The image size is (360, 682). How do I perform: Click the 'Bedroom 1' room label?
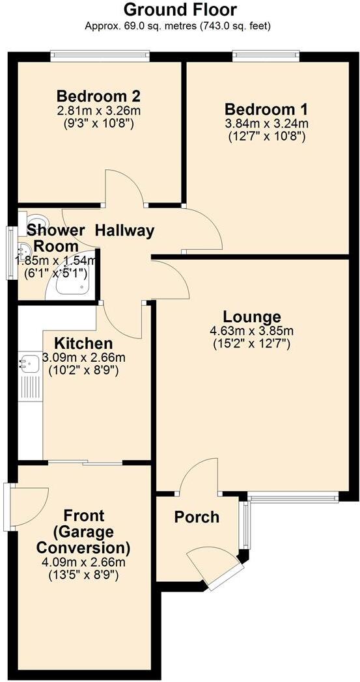pyautogui.click(x=266, y=109)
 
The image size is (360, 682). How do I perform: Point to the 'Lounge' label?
pyautogui.click(x=251, y=317)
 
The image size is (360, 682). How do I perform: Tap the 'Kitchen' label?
pyautogui.click(x=83, y=343)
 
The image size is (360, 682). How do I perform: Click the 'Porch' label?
pyautogui.click(x=197, y=517)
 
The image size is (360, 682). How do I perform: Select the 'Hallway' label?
pyautogui.click(x=124, y=230)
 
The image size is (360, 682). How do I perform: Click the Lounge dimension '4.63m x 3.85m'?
pyautogui.click(x=251, y=331)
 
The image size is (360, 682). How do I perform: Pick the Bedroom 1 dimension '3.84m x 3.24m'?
pyautogui.click(x=266, y=123)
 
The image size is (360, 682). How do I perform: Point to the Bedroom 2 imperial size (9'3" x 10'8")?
pyautogui.click(x=98, y=122)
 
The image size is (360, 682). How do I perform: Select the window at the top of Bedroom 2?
pyautogui.click(x=100, y=57)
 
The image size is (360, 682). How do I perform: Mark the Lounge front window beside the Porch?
pyautogui.click(x=294, y=498)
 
